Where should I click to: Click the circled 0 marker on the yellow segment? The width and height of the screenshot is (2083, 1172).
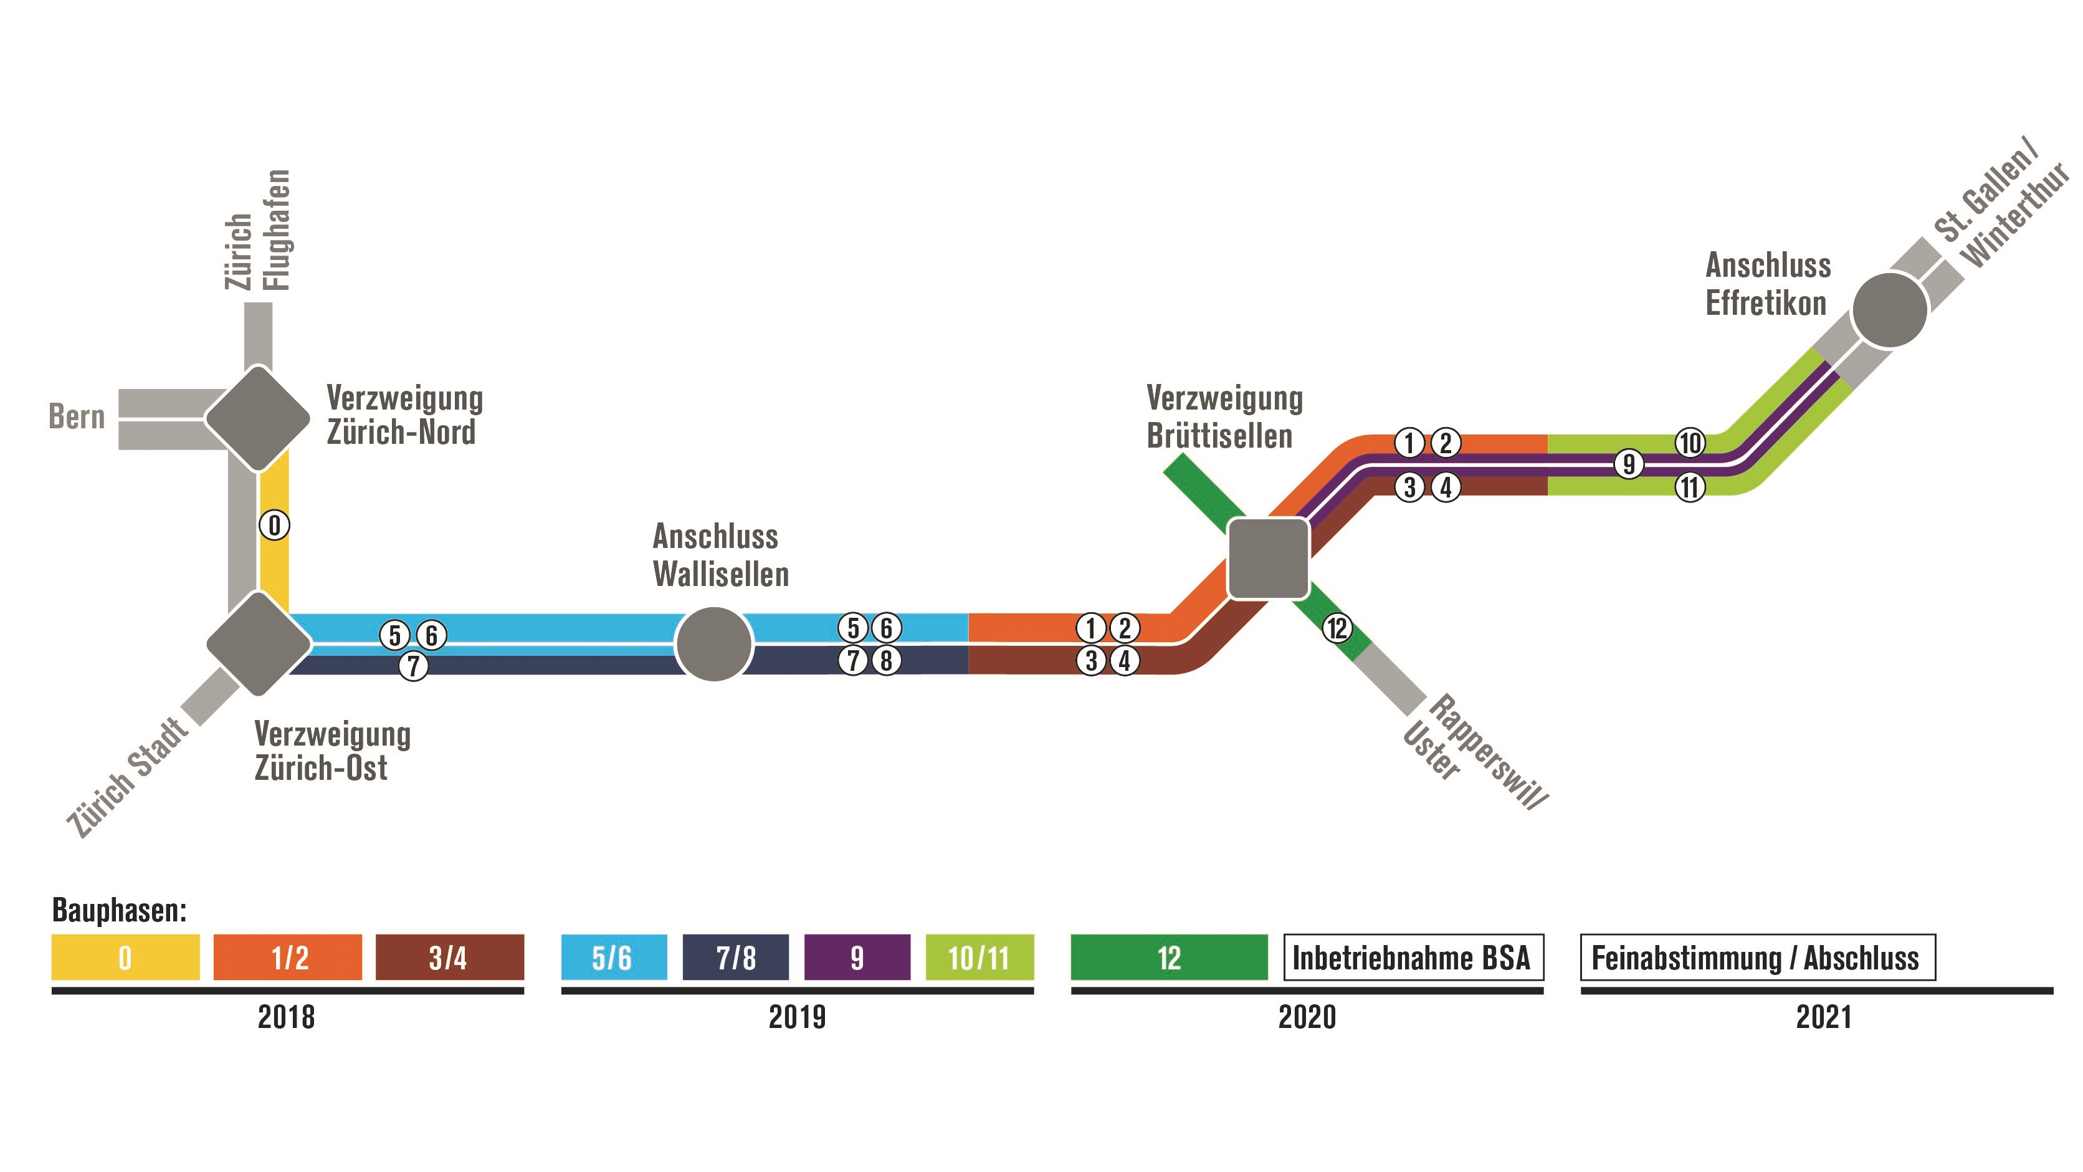[x=274, y=526]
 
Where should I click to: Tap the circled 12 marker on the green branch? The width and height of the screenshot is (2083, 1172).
[x=1337, y=628]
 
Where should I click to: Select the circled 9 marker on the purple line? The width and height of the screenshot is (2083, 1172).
[x=1629, y=464]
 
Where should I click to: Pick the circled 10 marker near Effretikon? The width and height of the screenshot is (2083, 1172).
[x=1690, y=443]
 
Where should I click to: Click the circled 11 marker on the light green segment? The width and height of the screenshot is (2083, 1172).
[x=1690, y=487]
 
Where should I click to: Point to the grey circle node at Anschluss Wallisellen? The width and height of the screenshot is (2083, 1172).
[x=714, y=645]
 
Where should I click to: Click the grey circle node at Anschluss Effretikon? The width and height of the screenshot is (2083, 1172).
[x=1890, y=310]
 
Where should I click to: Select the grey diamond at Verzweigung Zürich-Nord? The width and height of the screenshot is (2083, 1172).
[x=257, y=418]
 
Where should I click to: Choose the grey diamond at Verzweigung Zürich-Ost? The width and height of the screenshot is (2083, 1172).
[x=259, y=644]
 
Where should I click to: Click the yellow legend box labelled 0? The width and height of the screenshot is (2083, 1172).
[x=125, y=958]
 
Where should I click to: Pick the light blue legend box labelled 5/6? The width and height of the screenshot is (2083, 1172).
[x=614, y=958]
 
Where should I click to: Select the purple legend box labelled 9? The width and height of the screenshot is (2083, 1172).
[x=857, y=958]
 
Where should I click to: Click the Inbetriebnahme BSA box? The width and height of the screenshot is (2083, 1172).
[x=1413, y=958]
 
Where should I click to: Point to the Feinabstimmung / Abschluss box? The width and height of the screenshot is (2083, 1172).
[x=1757, y=958]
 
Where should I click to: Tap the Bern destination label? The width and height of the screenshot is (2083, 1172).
[x=77, y=416]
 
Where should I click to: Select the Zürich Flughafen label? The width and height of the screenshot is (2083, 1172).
[x=257, y=231]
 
